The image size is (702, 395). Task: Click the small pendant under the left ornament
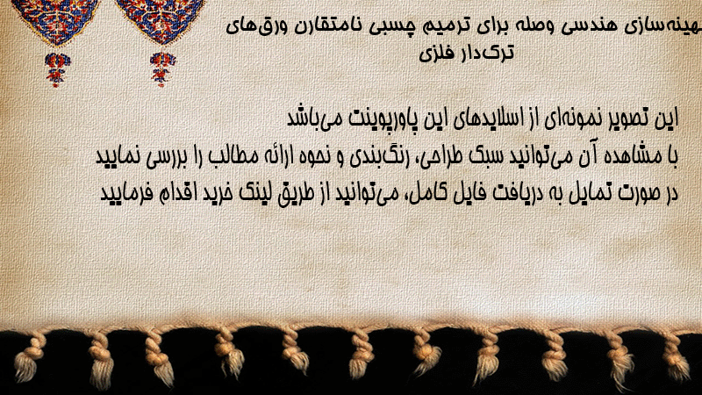pyautogui.click(x=57, y=68)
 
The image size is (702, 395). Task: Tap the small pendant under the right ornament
pyautogui.click(x=162, y=68)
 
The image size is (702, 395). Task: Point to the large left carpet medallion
pyautogui.click(x=56, y=21)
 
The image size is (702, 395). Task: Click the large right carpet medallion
pyautogui.click(x=161, y=20)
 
